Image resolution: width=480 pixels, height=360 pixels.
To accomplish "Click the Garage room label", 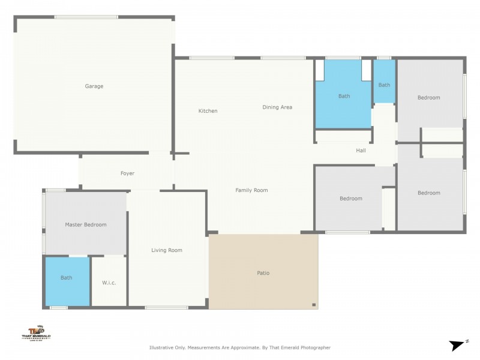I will (x=94, y=86).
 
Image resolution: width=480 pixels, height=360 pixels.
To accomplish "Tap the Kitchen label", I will (x=208, y=111).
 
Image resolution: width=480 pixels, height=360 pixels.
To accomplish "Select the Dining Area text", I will (x=277, y=107).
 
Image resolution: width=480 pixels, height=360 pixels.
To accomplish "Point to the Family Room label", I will (x=251, y=190).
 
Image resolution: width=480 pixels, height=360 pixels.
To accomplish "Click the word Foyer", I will (x=127, y=173).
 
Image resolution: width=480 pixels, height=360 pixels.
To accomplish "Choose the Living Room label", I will (x=166, y=250).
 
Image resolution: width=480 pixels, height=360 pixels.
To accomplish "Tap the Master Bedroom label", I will (x=85, y=225).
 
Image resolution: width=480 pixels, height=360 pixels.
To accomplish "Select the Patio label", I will (x=263, y=273).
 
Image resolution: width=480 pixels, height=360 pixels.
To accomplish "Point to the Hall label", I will (x=361, y=151).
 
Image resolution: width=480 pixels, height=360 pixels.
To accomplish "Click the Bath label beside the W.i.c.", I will (x=66, y=278).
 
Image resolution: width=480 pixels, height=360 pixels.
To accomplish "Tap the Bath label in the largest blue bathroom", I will (x=344, y=96).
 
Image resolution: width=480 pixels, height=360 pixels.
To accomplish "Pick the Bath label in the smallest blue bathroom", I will (x=384, y=85).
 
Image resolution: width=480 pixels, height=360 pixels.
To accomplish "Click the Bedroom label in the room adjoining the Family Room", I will (x=350, y=199).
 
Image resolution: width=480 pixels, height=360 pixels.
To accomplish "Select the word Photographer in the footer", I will (x=315, y=347).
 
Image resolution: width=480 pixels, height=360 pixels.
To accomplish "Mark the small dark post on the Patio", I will (x=313, y=305).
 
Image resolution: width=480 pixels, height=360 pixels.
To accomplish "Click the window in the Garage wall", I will (x=86, y=17).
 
